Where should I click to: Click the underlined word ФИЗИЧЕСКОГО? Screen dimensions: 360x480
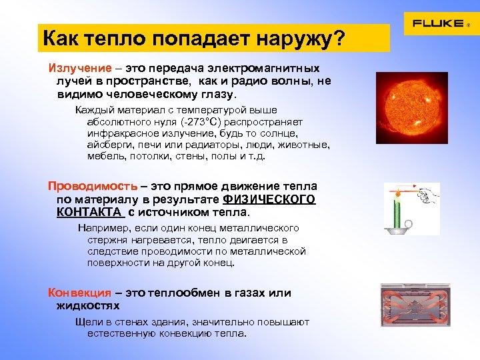269,199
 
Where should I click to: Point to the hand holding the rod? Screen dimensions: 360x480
431,194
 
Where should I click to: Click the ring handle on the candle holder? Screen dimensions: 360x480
411,225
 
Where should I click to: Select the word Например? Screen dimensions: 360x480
100,228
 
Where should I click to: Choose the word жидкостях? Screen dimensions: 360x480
88,306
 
